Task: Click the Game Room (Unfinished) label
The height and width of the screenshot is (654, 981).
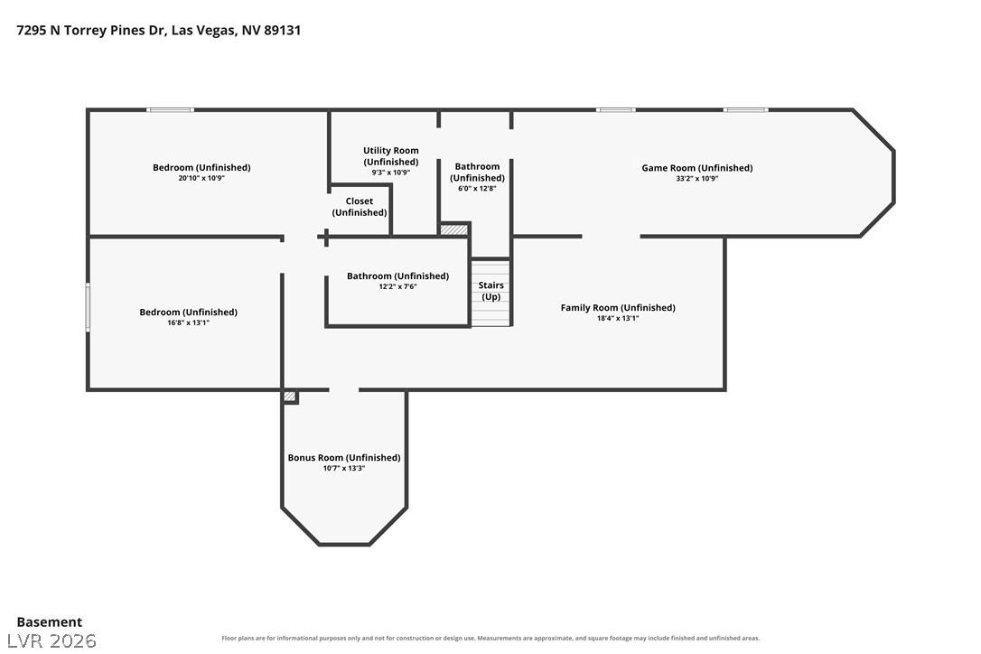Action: [697, 168]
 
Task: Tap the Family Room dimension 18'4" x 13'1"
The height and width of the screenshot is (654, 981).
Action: [618, 318]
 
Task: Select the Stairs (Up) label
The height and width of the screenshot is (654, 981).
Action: [491, 291]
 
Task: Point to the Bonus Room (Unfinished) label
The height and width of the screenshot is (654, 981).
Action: [344, 457]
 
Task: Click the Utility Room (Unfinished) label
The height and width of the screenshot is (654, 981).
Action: [391, 156]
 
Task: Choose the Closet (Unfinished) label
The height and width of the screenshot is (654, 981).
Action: [360, 207]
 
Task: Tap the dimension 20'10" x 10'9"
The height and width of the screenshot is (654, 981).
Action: [201, 178]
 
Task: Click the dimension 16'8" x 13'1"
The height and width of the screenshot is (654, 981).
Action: [188, 322]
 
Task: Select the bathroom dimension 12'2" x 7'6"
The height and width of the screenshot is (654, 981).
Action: [397, 286]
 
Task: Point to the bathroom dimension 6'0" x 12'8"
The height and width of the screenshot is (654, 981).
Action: [477, 188]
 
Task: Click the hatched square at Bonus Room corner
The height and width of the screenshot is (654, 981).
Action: [290, 397]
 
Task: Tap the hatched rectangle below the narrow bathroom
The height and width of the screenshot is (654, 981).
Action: [454, 229]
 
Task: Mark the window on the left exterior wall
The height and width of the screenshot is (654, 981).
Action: [88, 306]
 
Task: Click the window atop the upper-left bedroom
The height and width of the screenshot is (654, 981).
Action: [170, 110]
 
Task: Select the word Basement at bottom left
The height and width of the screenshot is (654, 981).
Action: [50, 622]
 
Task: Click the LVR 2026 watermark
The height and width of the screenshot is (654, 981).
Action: [51, 640]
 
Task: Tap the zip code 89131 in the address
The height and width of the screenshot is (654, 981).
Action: [282, 30]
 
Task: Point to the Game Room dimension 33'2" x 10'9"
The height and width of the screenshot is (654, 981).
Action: [697, 178]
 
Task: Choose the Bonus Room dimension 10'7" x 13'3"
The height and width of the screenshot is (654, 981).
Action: [344, 468]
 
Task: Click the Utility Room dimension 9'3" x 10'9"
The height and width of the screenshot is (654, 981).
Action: [391, 173]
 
